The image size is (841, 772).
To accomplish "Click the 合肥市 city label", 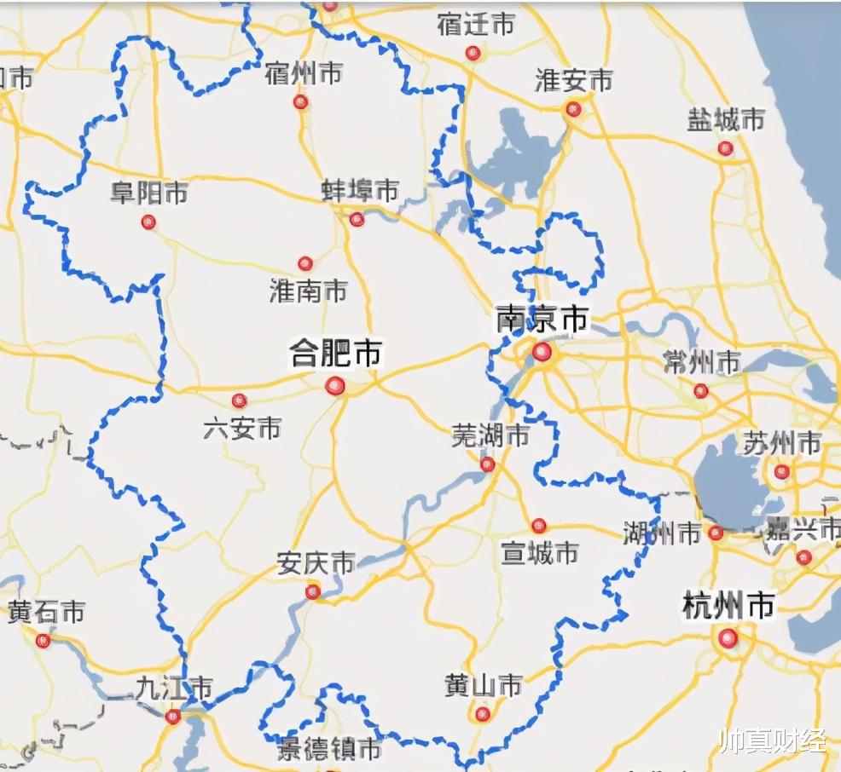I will pos(336,353).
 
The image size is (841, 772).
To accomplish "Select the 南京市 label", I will pos(542,320).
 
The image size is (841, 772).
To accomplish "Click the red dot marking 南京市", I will pos(542,352).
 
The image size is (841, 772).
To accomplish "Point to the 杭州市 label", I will pos(728,606).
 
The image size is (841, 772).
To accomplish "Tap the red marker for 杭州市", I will pos(728,637).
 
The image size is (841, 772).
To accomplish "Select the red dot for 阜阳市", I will pos(148,222).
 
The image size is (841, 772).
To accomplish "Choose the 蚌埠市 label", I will pos(360,191).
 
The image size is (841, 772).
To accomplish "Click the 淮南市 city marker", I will pos(305,263).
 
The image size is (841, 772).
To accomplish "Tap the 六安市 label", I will pos(242,428).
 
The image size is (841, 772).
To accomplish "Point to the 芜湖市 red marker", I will pos(487,464).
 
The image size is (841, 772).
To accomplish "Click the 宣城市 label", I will pos(540,553).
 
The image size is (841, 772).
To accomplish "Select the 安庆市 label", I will pos(316,563).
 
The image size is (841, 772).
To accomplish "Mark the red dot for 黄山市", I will pos(483,714).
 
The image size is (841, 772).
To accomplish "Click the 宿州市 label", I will pos(304,73).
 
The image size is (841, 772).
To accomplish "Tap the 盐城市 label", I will pos(726,120).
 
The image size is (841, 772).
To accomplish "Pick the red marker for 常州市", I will pos(701,390).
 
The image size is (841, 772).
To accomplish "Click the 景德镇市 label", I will pos(330,750).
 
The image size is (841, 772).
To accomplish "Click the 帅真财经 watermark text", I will pos(773,740).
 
